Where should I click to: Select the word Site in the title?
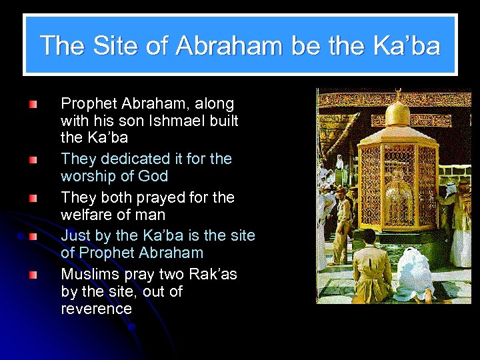(117, 45)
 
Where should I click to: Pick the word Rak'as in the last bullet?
(213, 275)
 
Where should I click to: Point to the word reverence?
(96, 309)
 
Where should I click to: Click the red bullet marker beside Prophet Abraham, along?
(33, 104)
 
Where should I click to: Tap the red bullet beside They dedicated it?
(33, 159)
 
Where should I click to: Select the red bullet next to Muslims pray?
(33, 275)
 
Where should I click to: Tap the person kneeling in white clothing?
(417, 273)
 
